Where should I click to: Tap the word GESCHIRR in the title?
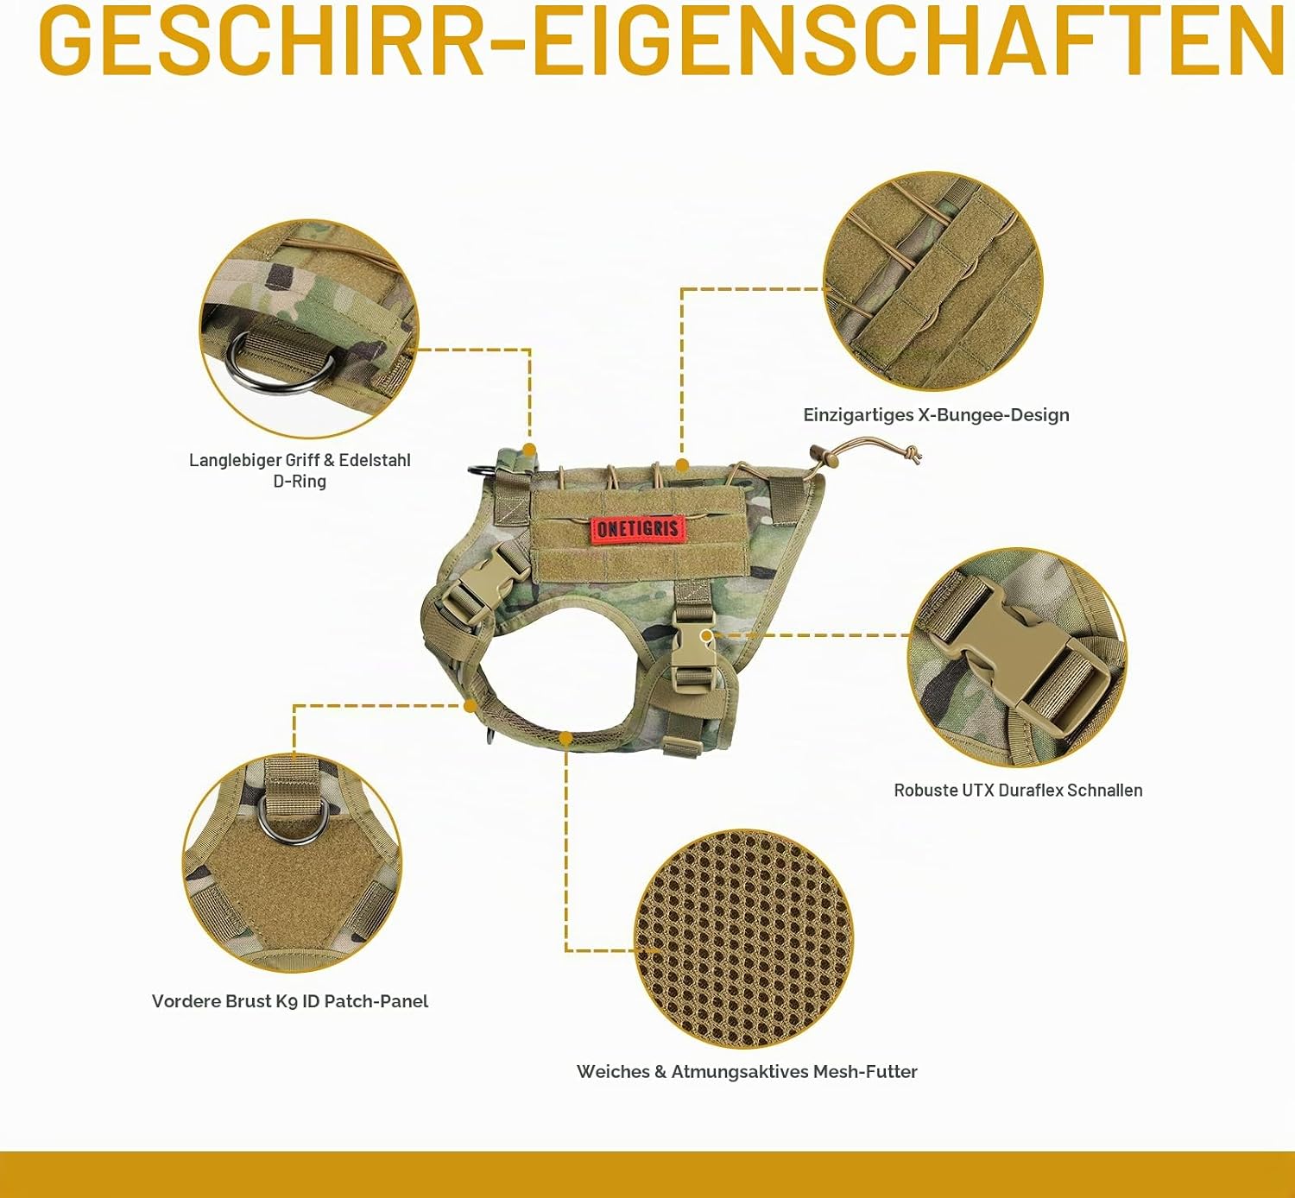(260, 41)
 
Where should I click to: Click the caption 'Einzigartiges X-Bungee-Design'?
(936, 415)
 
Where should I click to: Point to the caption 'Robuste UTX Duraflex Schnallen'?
(1018, 791)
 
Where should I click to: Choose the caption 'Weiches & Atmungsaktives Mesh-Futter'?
(747, 1072)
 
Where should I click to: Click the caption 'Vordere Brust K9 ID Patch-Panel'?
(290, 1002)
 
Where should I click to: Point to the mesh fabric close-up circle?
(744, 940)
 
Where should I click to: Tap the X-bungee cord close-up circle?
(933, 281)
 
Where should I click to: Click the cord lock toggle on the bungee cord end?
(824, 455)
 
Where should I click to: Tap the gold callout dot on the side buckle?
(706, 635)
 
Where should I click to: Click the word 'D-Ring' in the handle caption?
(300, 482)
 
